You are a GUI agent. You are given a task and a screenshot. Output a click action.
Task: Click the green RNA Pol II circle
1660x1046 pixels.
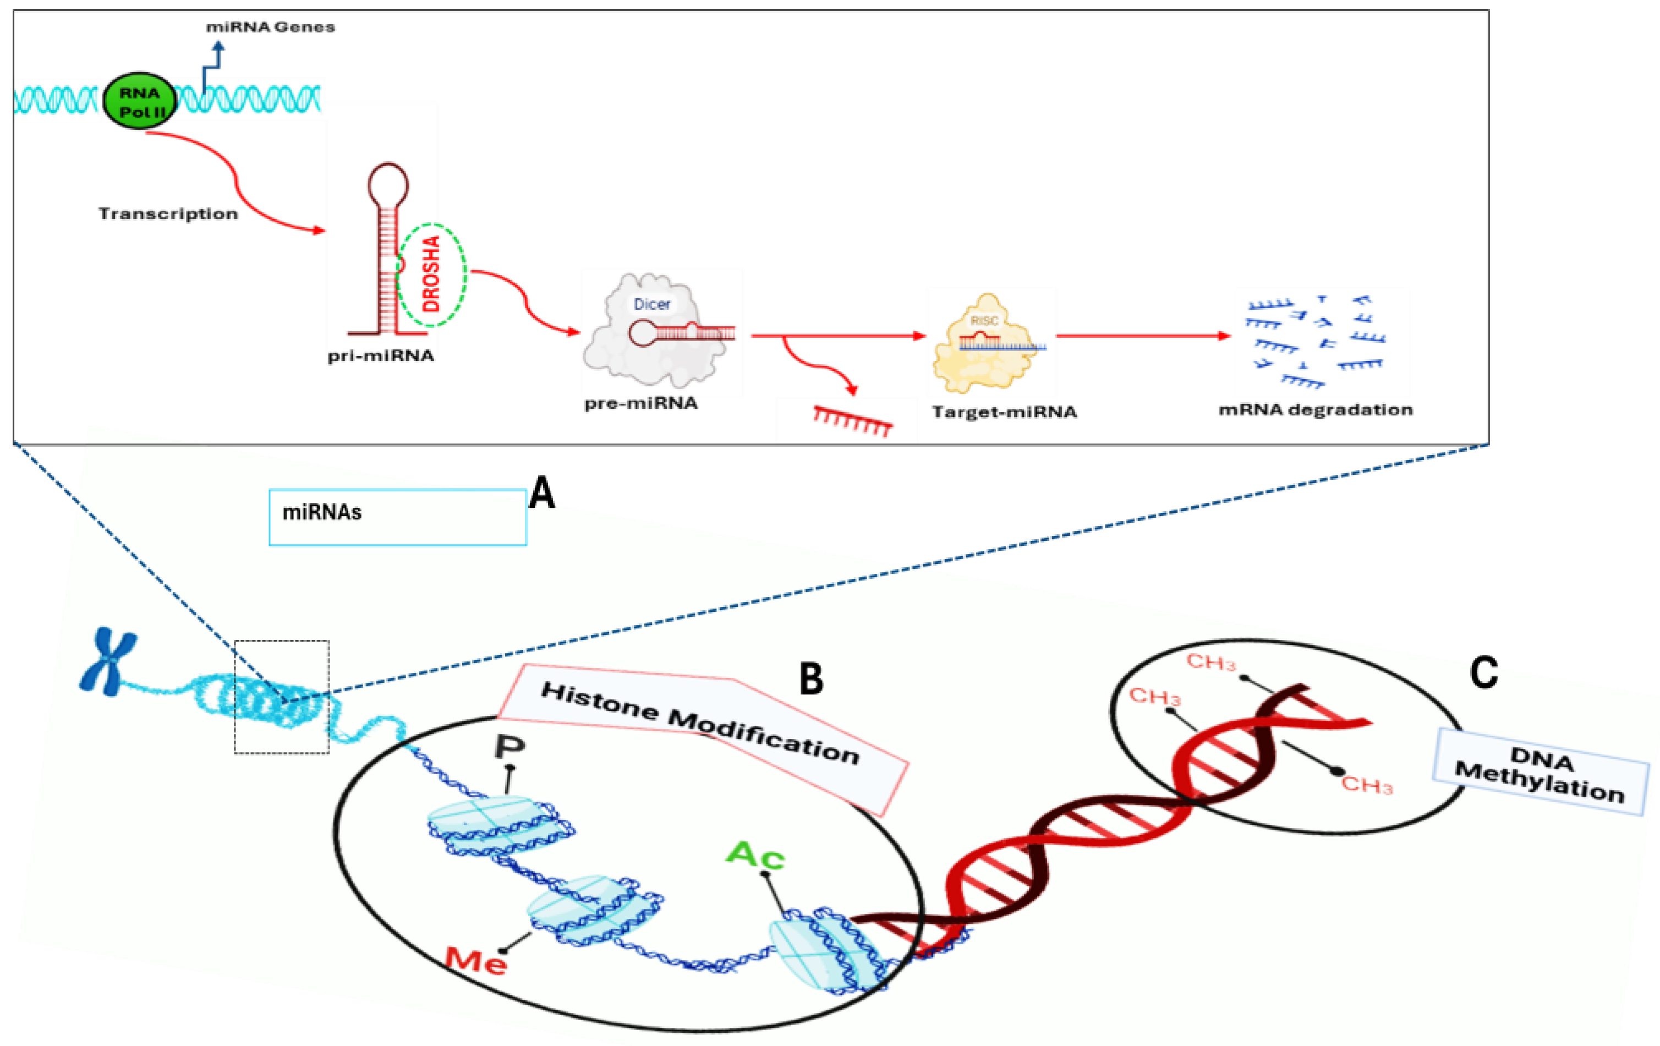point(139,101)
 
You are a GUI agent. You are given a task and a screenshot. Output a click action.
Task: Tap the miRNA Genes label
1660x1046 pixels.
point(270,28)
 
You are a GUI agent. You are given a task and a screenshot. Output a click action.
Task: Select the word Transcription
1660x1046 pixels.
point(168,213)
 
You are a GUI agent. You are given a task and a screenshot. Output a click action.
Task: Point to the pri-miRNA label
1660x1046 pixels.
point(381,356)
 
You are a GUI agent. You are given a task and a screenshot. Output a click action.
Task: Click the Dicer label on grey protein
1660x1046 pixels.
point(651,304)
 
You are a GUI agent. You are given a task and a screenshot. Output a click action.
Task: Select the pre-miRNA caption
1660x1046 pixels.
point(641,403)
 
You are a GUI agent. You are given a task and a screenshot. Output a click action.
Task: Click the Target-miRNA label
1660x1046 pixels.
point(1004,412)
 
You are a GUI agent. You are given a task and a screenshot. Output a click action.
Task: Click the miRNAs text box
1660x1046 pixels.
point(398,517)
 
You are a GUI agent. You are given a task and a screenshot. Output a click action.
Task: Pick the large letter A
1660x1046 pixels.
point(542,494)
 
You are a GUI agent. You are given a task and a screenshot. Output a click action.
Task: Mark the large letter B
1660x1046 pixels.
point(812,679)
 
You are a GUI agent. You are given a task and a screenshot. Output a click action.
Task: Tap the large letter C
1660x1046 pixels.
point(1483,672)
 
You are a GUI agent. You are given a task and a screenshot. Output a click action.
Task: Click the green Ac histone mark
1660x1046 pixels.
point(755,855)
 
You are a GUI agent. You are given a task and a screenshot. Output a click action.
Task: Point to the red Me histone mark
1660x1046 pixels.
point(476,959)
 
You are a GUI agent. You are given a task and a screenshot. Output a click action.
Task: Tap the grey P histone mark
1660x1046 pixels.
point(510,746)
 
